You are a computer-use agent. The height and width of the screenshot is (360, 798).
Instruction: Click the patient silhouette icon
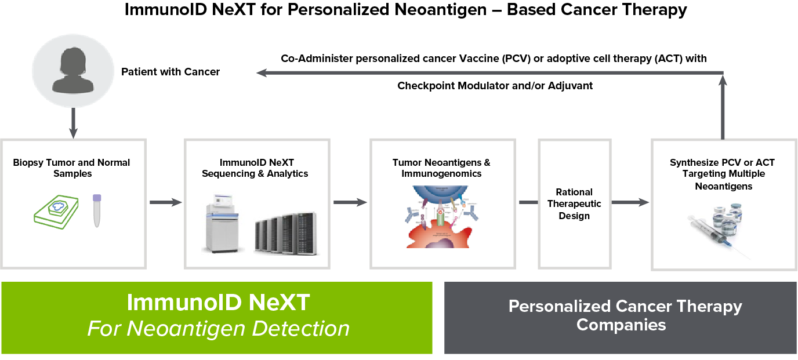click(72, 72)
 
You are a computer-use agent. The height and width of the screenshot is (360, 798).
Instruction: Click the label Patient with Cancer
click(170, 72)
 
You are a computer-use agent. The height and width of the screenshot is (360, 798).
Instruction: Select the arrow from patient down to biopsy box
click(72, 122)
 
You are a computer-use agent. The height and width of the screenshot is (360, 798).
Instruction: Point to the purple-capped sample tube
click(97, 210)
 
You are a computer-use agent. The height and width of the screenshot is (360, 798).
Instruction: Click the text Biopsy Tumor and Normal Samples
click(72, 168)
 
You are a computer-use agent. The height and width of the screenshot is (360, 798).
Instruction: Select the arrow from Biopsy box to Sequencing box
click(165, 202)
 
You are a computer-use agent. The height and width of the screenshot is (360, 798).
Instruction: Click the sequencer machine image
click(224, 227)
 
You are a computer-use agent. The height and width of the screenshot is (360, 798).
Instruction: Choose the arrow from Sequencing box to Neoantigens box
click(350, 202)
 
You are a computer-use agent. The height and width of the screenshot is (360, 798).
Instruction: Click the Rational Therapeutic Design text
click(574, 204)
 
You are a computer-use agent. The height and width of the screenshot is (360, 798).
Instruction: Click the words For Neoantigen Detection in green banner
click(218, 329)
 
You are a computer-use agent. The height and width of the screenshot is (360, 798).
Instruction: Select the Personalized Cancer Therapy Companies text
click(621, 315)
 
